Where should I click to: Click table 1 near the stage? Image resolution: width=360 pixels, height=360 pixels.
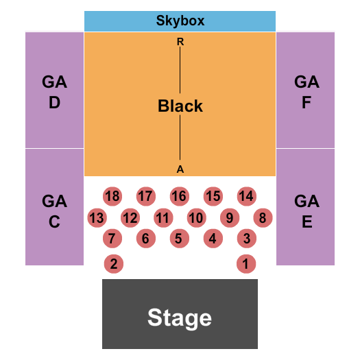(245, 263)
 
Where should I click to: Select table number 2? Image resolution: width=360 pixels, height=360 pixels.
(114, 263)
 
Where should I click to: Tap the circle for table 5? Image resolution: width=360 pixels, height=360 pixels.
(179, 239)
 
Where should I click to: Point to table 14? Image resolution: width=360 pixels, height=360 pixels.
(246, 197)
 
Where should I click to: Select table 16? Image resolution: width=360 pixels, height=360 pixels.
(179, 197)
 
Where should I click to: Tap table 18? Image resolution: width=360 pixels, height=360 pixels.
(112, 197)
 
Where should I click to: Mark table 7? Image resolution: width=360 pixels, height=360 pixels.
(112, 239)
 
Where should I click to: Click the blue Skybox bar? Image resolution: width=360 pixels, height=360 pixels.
(180, 21)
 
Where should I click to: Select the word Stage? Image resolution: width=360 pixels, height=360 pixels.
(180, 318)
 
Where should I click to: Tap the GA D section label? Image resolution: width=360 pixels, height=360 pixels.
(54, 93)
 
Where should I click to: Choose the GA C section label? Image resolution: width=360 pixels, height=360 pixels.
(54, 211)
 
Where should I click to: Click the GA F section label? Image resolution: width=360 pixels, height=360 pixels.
(307, 93)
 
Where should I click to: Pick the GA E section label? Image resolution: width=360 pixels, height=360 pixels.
(307, 211)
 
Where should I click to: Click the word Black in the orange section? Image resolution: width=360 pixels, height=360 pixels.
(180, 106)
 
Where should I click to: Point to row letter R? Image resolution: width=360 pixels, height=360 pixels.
(180, 42)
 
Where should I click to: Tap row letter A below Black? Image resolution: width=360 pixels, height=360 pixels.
(180, 169)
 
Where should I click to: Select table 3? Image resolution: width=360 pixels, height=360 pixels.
(246, 239)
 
